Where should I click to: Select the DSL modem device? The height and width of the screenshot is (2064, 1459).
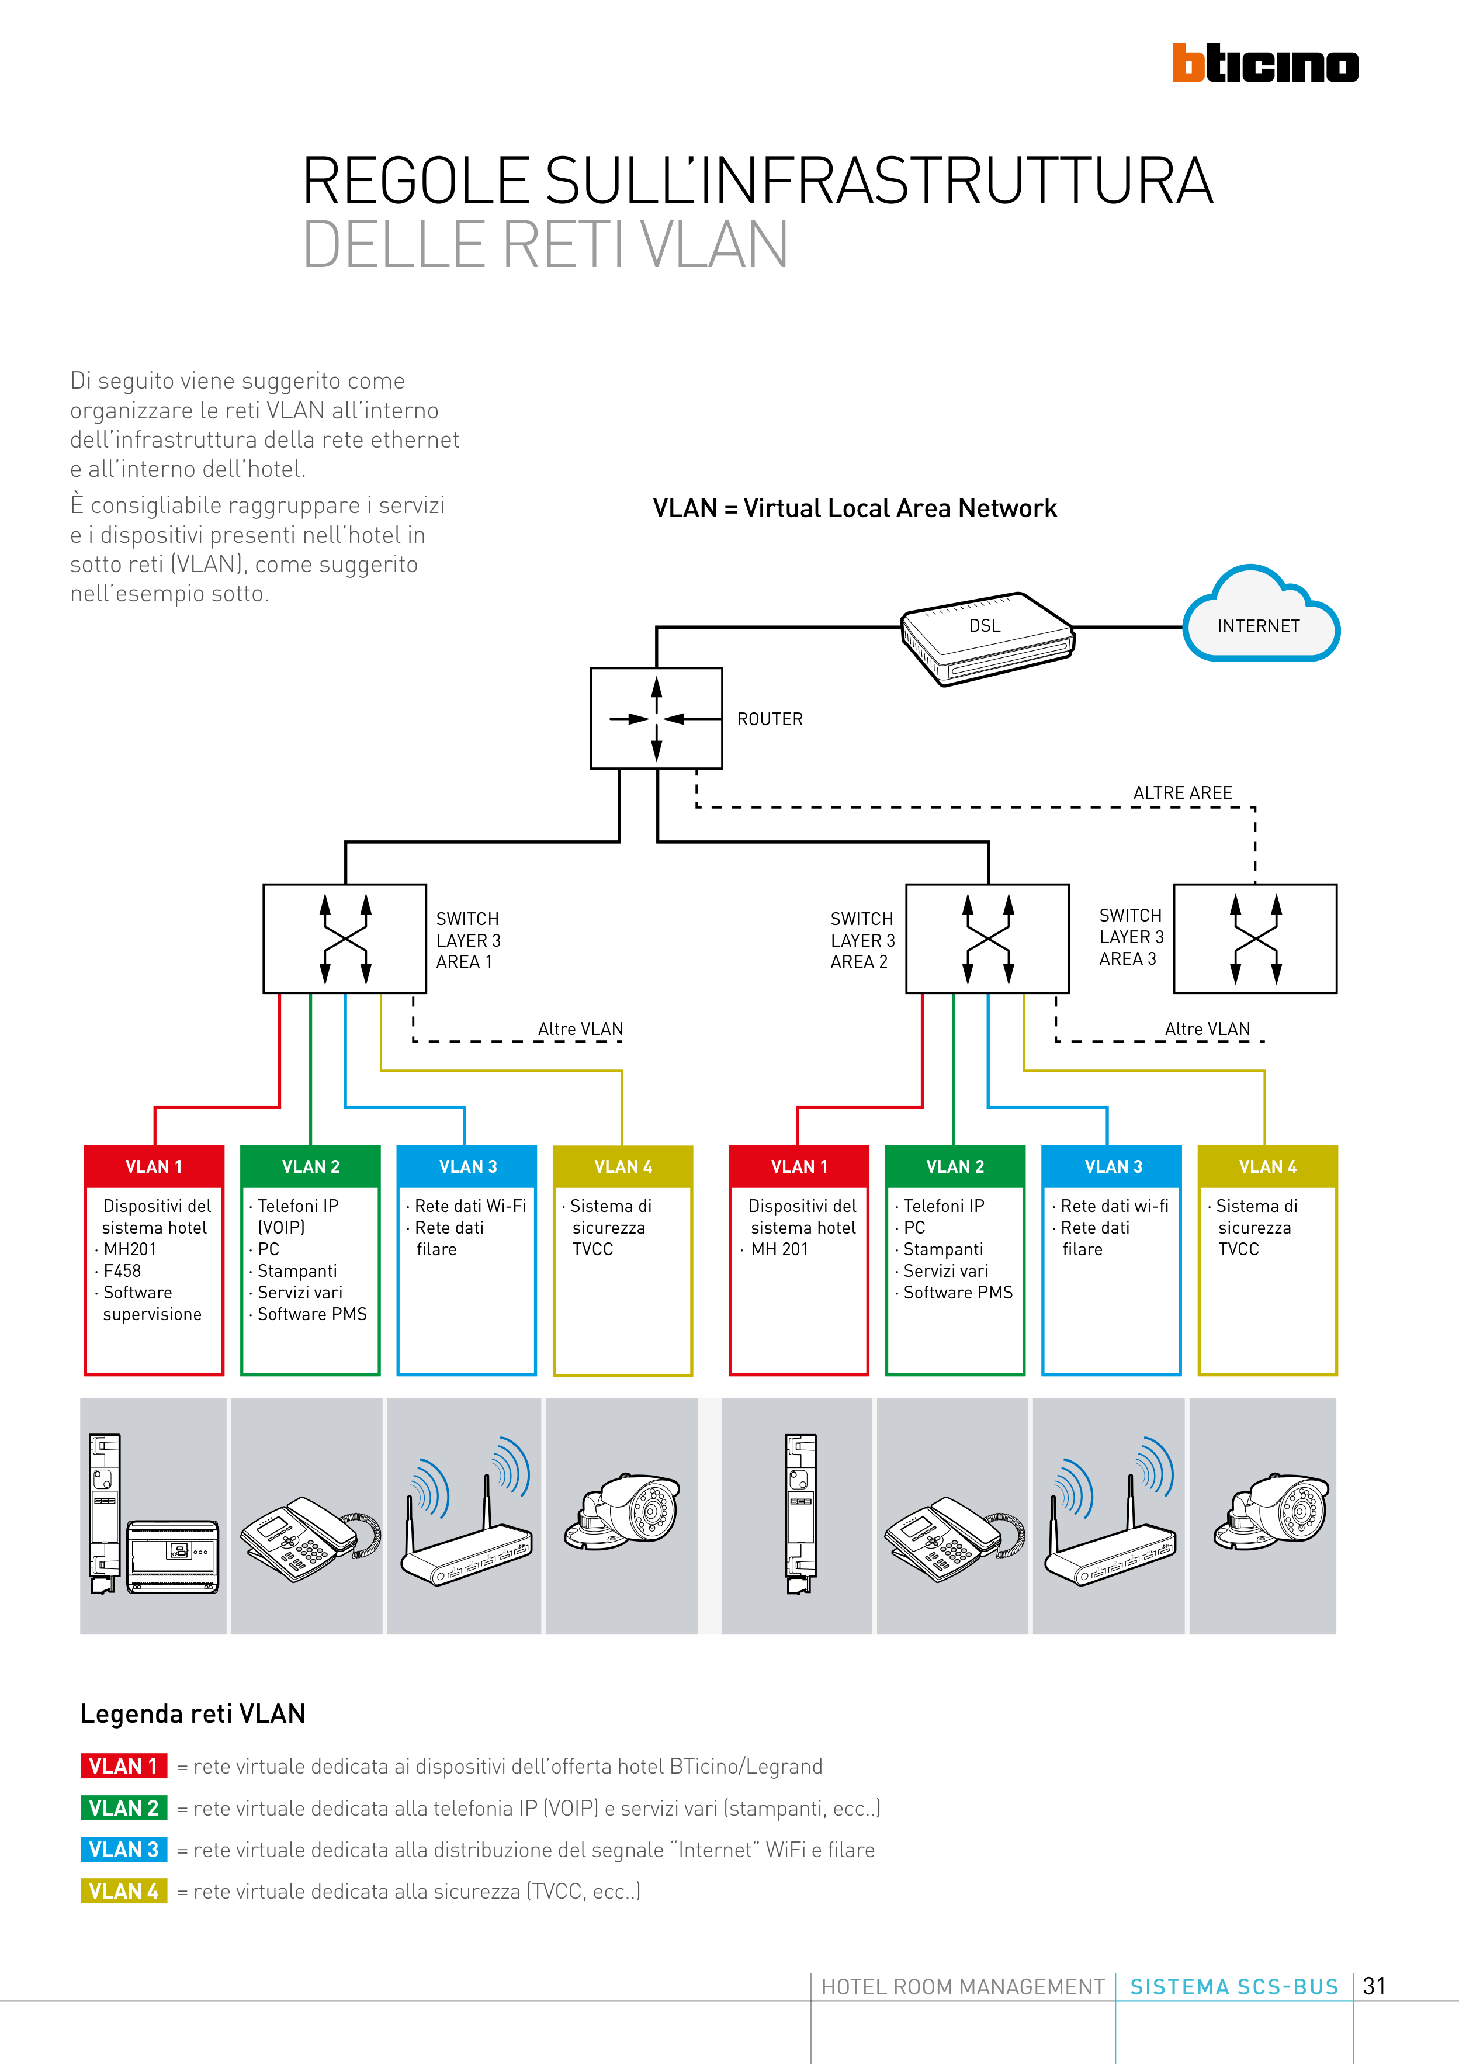coord(987,638)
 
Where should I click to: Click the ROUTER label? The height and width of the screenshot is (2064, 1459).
coord(770,719)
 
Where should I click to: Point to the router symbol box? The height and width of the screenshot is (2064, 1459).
coord(656,718)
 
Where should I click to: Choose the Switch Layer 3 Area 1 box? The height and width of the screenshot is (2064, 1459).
coord(344,939)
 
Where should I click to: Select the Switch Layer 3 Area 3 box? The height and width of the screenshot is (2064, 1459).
coord(1255,939)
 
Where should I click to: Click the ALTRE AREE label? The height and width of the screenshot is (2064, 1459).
coord(1182,793)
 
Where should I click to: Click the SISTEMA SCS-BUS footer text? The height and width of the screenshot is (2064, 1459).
coord(1233,1987)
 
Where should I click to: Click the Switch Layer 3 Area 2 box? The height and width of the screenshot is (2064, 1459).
coord(987,939)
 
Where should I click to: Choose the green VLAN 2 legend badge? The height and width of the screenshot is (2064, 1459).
coord(124,1808)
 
